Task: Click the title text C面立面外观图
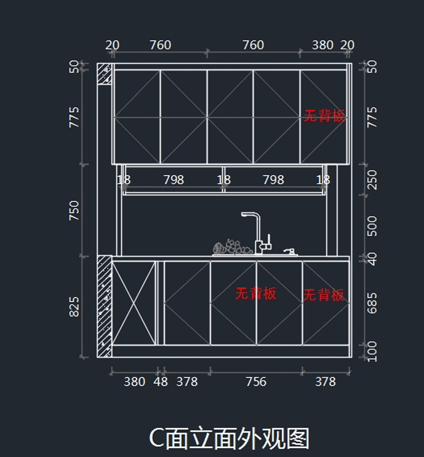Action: tap(229, 438)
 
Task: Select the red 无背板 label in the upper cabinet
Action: tap(324, 116)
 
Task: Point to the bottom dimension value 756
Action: tap(256, 381)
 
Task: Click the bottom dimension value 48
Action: tap(160, 381)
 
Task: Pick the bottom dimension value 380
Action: tap(134, 381)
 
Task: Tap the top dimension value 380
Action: tap(323, 45)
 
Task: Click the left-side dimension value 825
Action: tap(74, 307)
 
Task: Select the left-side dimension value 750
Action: tap(74, 210)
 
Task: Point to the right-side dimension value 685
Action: tap(372, 303)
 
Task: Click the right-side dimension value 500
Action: tap(372, 226)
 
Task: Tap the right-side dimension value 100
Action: tap(372, 351)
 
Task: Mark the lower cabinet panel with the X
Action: tap(134, 303)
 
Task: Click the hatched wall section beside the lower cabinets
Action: tap(104, 306)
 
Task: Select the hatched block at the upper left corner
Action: tap(105, 74)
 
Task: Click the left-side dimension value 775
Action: tap(74, 117)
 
